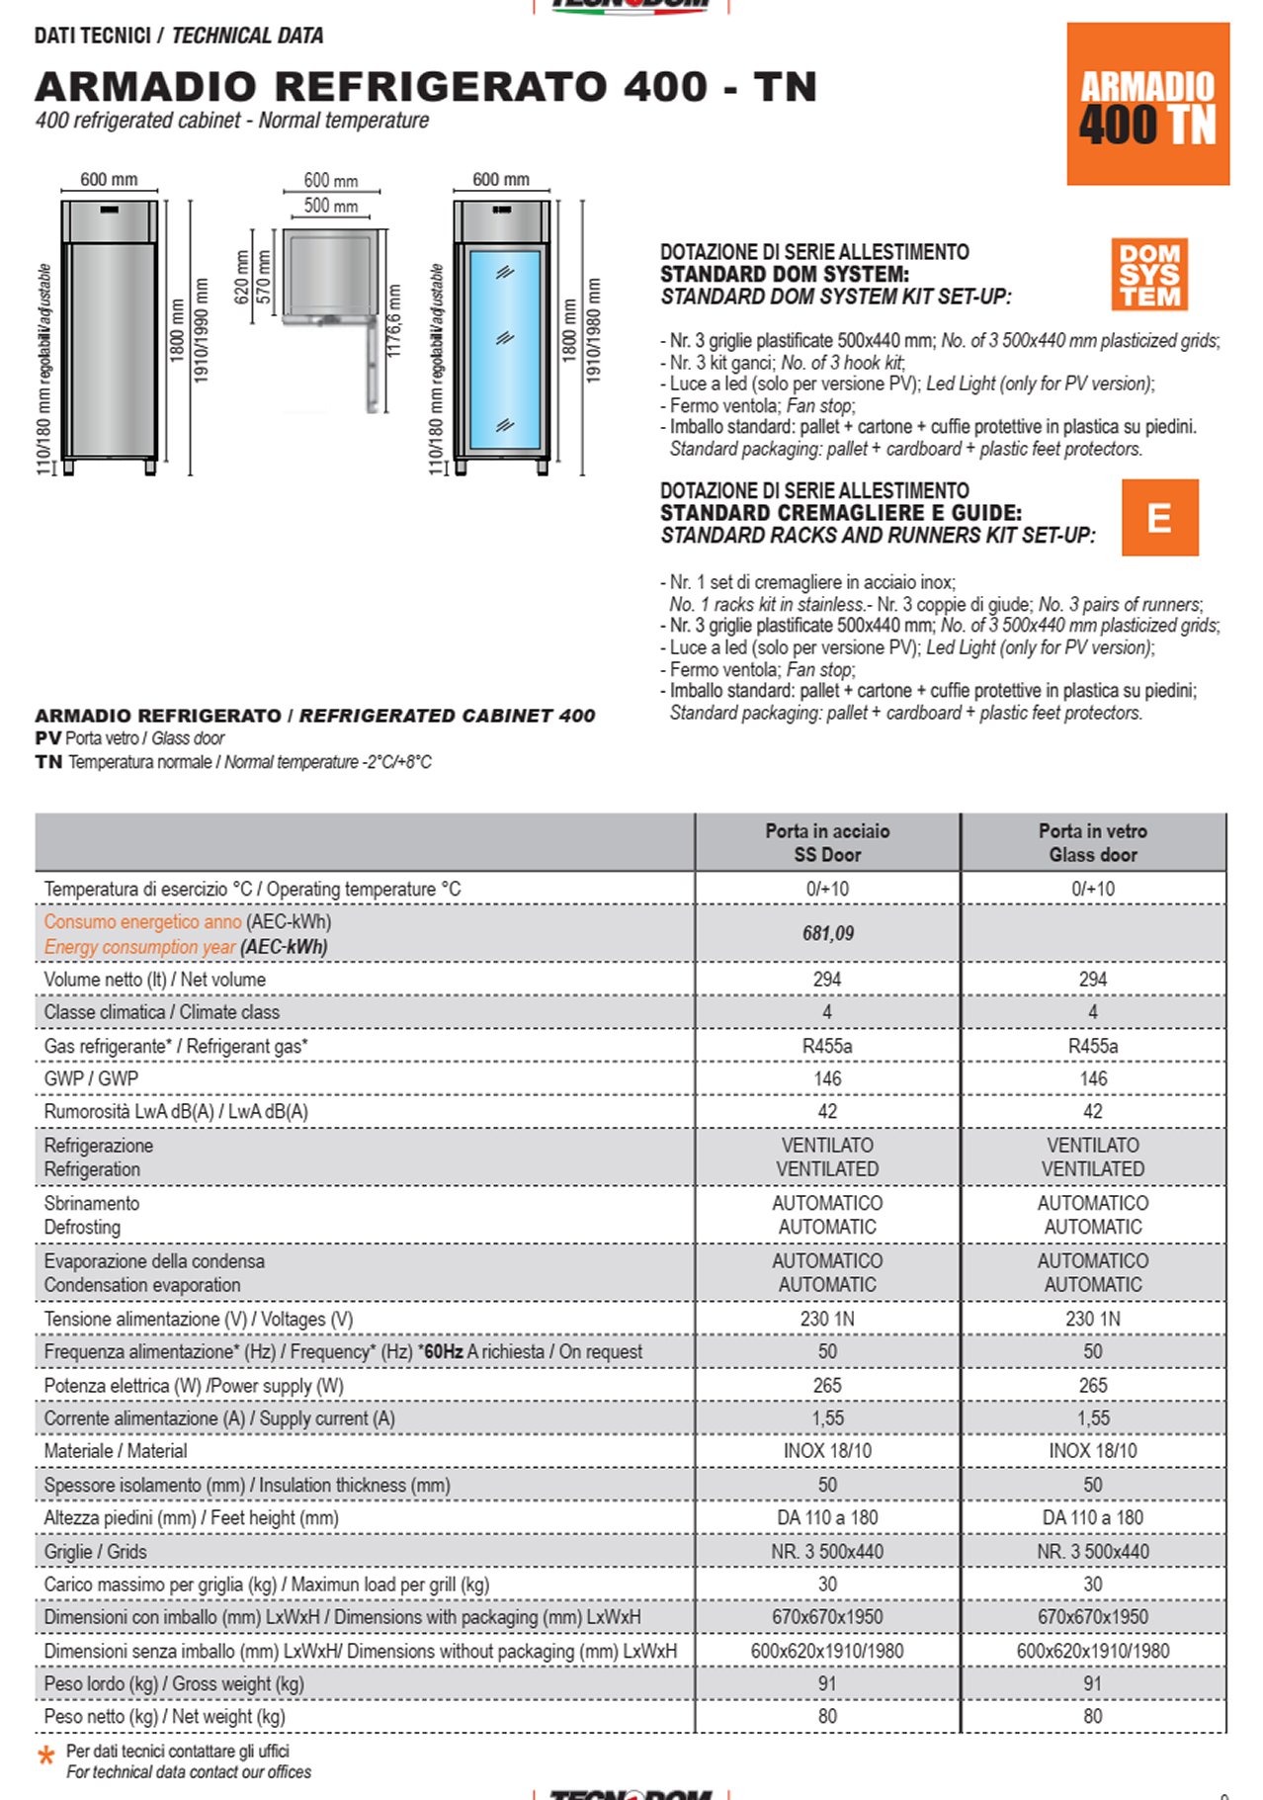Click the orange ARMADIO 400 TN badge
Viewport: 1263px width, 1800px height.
click(1147, 105)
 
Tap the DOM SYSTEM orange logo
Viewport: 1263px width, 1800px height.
click(1148, 275)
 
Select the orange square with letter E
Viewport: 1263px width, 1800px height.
click(1159, 518)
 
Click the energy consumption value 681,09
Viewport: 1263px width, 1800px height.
click(827, 933)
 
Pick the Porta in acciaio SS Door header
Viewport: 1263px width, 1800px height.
click(827, 842)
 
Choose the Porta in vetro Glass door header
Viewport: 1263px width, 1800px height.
click(1092, 842)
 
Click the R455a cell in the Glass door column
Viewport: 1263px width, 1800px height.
click(1092, 1046)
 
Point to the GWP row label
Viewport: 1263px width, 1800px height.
click(91, 1078)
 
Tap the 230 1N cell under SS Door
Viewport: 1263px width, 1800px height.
click(827, 1319)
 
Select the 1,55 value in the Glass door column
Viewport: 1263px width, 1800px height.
click(1092, 1418)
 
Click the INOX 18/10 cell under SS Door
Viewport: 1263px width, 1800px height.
click(827, 1451)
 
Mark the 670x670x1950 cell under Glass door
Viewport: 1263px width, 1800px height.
click(1092, 1617)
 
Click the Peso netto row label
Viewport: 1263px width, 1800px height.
click(164, 1717)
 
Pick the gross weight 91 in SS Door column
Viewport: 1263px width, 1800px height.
click(827, 1683)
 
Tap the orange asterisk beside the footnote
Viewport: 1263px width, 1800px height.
click(45, 1757)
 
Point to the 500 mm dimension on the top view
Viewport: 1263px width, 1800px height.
click(331, 206)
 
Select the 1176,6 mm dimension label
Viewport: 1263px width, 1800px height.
click(394, 321)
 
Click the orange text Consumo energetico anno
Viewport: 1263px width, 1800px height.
click(142, 921)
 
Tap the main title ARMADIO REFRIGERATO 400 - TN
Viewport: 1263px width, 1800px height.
click(426, 87)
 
